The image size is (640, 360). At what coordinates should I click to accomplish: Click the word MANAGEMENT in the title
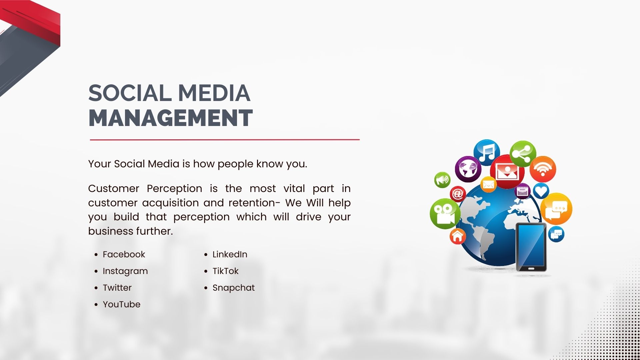coord(170,118)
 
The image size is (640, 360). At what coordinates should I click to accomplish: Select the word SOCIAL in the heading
coord(129,93)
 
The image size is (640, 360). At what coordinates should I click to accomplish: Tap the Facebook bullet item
coord(124,254)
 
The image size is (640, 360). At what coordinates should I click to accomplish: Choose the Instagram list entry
coord(125,271)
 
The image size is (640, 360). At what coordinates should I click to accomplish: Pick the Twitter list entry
coord(117,288)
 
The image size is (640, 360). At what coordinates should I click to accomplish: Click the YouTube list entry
coord(121,304)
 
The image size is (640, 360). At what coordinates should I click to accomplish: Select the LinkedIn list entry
coord(230,254)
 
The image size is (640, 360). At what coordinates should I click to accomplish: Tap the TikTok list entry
coord(225,271)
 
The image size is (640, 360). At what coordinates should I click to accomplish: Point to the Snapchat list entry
coord(233,288)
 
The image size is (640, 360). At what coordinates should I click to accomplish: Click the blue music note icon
coord(487,152)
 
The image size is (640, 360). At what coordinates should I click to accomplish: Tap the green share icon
coord(523,154)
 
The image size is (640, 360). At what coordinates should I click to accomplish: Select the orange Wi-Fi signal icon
coord(543,169)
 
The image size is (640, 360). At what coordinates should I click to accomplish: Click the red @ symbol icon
coord(458,194)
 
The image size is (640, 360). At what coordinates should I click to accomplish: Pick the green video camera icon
coord(445,214)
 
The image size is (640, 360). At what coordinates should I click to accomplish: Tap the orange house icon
coord(458,236)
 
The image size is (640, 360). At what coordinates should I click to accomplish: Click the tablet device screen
coord(531,245)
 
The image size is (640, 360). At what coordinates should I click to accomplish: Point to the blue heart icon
coord(541,191)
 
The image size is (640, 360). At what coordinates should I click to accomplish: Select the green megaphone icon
coord(442,180)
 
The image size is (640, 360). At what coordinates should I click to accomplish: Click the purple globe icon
coord(468,169)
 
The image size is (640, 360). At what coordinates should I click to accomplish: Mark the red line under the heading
coord(225,140)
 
